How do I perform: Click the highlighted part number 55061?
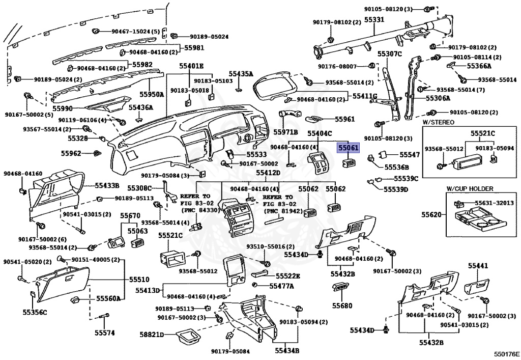(x=348, y=147)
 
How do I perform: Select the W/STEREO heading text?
(x=438, y=122)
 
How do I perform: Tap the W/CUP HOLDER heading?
(x=470, y=188)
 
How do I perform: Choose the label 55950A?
(x=152, y=94)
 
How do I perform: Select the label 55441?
(x=478, y=266)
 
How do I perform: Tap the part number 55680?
(x=342, y=306)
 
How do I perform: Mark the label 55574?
(x=104, y=333)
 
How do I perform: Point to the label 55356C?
(x=35, y=313)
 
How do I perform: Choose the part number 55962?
(x=71, y=153)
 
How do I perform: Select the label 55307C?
(x=389, y=53)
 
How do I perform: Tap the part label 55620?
(x=431, y=214)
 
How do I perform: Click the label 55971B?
(x=285, y=132)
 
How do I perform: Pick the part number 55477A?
(x=281, y=286)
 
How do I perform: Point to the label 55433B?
(x=107, y=185)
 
